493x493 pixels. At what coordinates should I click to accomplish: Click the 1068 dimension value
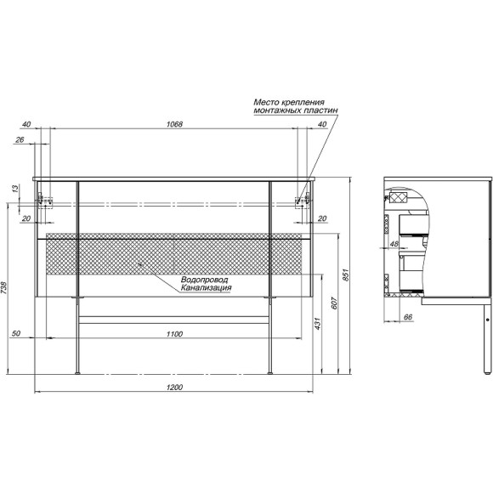click(174, 124)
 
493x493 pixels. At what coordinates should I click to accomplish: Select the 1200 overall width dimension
click(174, 387)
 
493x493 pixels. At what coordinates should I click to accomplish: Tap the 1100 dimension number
click(174, 334)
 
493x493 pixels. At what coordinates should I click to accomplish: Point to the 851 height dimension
click(346, 275)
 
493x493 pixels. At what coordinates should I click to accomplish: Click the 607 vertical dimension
click(334, 303)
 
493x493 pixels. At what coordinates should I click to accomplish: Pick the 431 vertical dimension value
click(318, 324)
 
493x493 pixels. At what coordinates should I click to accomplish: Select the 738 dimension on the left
click(3, 287)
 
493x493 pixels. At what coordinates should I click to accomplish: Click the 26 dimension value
click(20, 139)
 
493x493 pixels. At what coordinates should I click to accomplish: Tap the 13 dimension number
click(15, 189)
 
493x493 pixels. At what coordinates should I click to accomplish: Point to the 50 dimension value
click(15, 333)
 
